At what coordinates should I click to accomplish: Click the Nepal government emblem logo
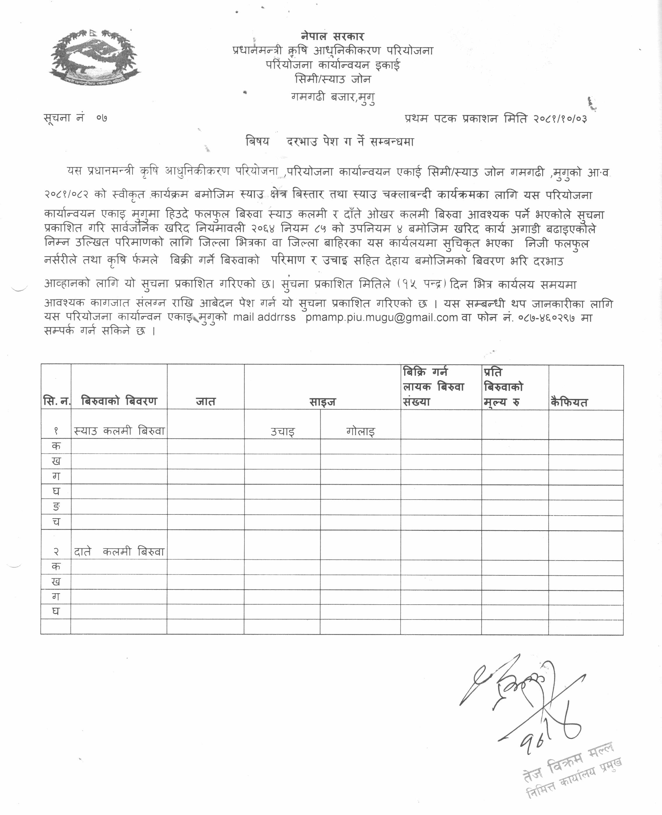tap(94, 57)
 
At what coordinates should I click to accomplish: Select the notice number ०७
tap(102, 118)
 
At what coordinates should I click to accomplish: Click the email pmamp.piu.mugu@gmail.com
tap(381, 317)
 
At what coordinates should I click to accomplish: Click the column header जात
tap(205, 402)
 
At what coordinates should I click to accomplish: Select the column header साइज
tap(322, 402)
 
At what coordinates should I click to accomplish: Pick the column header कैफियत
tap(569, 402)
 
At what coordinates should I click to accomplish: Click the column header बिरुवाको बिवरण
tap(119, 401)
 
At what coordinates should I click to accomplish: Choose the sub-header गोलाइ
tap(360, 432)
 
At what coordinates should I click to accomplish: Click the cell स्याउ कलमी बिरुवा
tap(119, 431)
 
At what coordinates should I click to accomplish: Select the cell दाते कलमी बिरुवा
tap(119, 552)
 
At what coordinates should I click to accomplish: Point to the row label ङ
tap(56, 507)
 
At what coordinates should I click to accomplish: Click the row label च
tap(56, 522)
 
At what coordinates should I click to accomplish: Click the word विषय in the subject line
tap(257, 142)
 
